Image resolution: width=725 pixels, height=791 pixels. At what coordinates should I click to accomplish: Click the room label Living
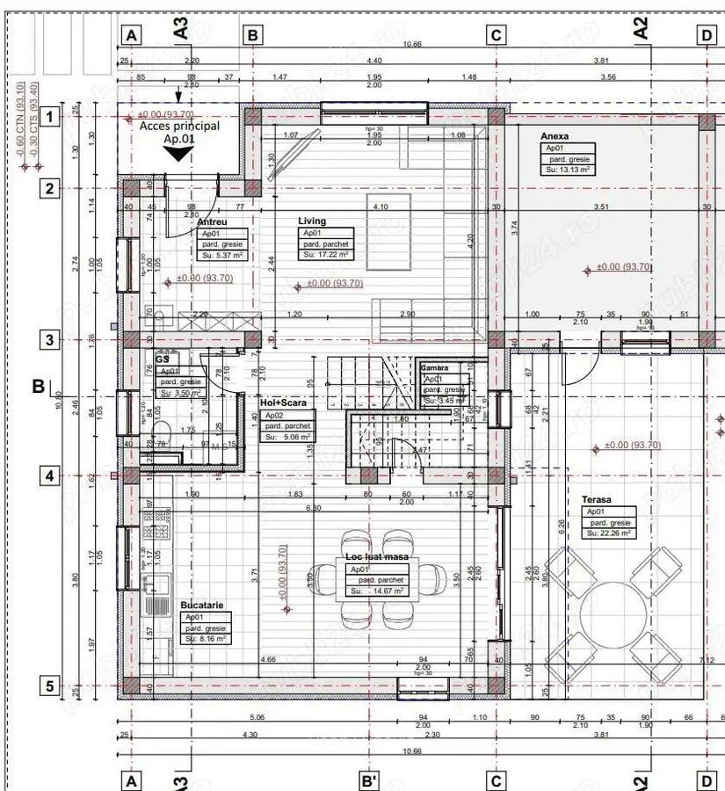(312, 221)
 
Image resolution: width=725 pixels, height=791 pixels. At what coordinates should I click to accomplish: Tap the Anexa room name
(555, 137)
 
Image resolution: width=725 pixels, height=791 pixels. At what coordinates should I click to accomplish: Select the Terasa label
(596, 500)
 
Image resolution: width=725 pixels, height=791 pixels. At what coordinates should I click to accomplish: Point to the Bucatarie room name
(201, 606)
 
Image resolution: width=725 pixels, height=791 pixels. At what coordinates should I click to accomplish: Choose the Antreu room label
(213, 222)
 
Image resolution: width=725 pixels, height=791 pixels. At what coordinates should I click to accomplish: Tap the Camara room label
(435, 367)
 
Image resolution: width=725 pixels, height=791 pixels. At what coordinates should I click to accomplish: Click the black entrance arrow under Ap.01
(179, 155)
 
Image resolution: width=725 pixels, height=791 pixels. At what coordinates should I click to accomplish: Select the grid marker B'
(370, 780)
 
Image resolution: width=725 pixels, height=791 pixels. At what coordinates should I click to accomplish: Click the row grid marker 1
(50, 116)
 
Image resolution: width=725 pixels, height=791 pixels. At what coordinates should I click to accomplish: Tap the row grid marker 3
(50, 340)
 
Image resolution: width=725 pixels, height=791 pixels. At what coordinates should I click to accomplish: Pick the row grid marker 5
(50, 686)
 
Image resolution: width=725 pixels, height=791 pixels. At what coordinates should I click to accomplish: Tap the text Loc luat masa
(373, 558)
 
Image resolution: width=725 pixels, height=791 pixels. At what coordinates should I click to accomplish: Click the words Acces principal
(179, 127)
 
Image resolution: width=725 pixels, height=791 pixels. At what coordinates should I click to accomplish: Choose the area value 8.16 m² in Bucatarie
(207, 639)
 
